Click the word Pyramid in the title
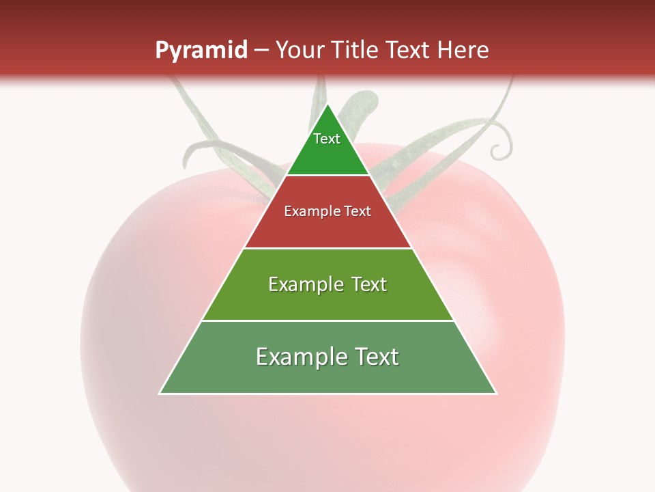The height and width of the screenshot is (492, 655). pos(201,51)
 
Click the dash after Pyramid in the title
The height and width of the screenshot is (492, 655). pos(261,51)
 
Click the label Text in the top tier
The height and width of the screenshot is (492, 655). pos(327,139)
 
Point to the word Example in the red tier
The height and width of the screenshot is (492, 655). pos(310,211)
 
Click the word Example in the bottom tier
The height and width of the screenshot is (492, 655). pos(298,357)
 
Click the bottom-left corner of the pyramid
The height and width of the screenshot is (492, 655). pos(160,394)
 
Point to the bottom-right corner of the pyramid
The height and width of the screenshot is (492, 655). pos(496,394)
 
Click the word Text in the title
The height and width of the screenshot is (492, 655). pos(406,51)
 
